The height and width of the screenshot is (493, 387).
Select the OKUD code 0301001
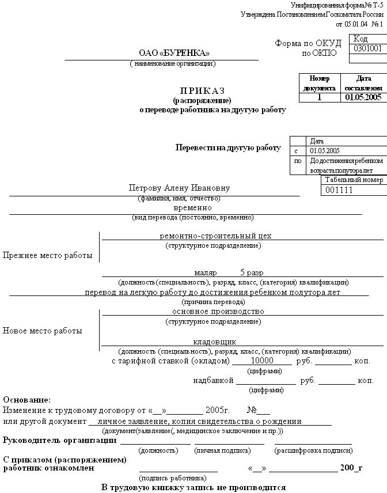tap(368, 48)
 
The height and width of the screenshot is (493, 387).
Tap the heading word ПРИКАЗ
tap(202, 91)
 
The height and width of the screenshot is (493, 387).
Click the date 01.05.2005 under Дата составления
tap(363, 97)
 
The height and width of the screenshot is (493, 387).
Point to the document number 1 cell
tap(319, 97)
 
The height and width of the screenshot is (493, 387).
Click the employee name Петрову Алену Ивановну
tap(179, 188)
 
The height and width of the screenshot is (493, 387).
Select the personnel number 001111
tap(339, 191)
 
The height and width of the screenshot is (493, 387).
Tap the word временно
tap(192, 207)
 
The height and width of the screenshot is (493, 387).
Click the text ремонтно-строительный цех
tap(215, 236)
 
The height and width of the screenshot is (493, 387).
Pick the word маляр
tap(205, 272)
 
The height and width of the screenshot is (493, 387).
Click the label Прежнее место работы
tap(48, 256)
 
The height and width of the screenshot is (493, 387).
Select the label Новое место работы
tap(43, 331)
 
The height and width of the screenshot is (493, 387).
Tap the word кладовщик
tap(214, 342)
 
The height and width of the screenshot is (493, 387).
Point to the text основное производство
tap(218, 311)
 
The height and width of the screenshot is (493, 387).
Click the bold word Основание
tap(27, 400)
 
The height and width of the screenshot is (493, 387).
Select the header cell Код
tap(361, 39)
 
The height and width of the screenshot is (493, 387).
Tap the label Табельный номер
tap(354, 180)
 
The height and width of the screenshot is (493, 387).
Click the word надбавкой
tap(213, 381)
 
